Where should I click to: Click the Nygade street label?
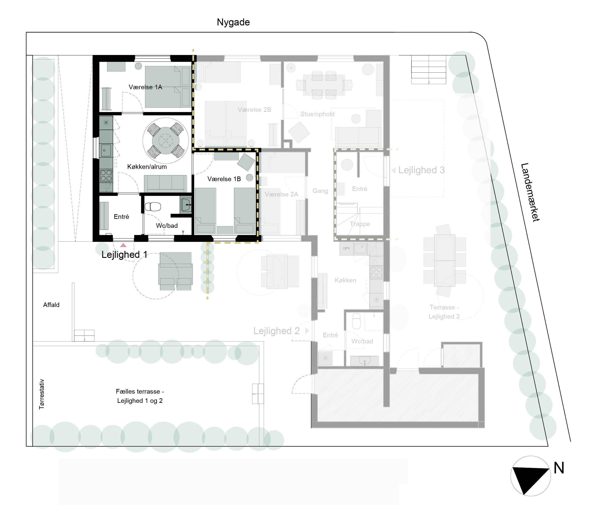tap(233, 22)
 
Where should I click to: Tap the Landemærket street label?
tap(530, 192)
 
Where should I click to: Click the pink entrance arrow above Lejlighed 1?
tap(123, 245)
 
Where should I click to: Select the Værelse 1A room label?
tap(145, 87)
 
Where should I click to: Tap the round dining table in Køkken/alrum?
tap(166, 141)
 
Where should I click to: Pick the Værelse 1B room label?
tap(224, 179)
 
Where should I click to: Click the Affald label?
tap(51, 305)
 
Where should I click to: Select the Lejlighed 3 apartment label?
tap(421, 170)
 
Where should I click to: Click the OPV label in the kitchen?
tap(347, 248)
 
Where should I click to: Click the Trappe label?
tap(360, 224)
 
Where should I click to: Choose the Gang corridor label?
tap(320, 191)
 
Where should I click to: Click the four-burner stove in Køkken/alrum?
tap(106, 175)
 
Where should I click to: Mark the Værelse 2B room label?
tap(255, 110)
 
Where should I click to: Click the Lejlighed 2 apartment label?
tap(276, 331)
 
